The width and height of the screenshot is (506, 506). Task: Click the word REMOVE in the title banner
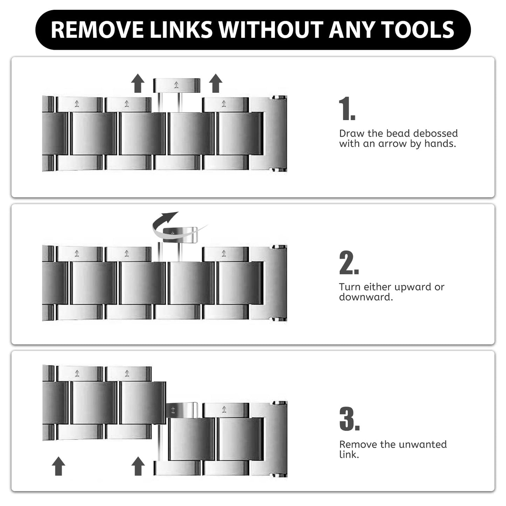[x=97, y=30]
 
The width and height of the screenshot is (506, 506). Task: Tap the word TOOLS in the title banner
[x=417, y=30]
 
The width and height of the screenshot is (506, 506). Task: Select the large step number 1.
[x=347, y=109]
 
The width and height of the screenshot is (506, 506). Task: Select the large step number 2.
[x=349, y=262]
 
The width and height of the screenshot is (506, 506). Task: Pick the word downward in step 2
[x=366, y=297]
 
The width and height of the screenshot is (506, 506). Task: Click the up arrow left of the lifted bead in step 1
[x=138, y=83]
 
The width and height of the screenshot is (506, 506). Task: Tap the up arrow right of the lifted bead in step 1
[x=216, y=83]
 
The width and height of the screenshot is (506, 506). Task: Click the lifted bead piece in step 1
[x=176, y=85]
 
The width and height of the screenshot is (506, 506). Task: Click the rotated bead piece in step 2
[x=180, y=235]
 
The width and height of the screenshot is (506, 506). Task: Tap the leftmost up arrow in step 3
[x=58, y=466]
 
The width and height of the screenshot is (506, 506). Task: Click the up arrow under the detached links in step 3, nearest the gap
[x=138, y=466]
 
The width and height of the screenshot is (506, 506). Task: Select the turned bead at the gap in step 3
[x=181, y=410]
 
